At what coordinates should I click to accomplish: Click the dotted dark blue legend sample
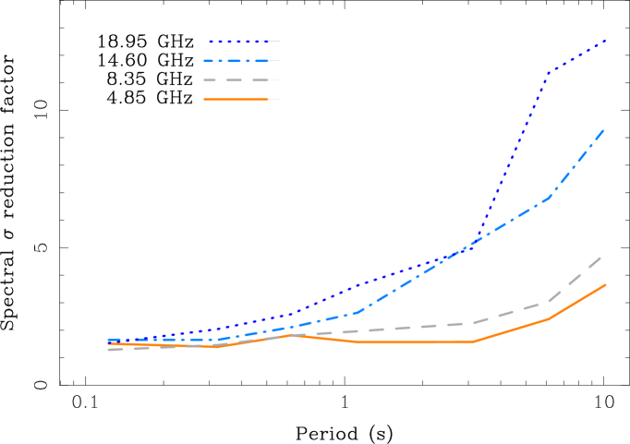(241, 42)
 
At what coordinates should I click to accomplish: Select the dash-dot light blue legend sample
(238, 61)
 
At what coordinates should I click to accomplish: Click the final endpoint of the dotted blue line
(605, 41)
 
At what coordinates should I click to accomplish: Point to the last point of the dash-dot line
(605, 128)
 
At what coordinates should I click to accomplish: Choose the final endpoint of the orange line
(605, 285)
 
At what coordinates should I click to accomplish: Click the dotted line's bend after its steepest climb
(549, 72)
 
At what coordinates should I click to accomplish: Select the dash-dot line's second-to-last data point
(549, 198)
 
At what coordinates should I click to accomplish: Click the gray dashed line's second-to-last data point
(549, 301)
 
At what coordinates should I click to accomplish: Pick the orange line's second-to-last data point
(549, 318)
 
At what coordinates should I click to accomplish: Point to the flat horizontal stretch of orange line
(416, 342)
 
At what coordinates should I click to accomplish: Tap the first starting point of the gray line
(109, 349)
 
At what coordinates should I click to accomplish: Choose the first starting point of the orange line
(109, 343)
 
